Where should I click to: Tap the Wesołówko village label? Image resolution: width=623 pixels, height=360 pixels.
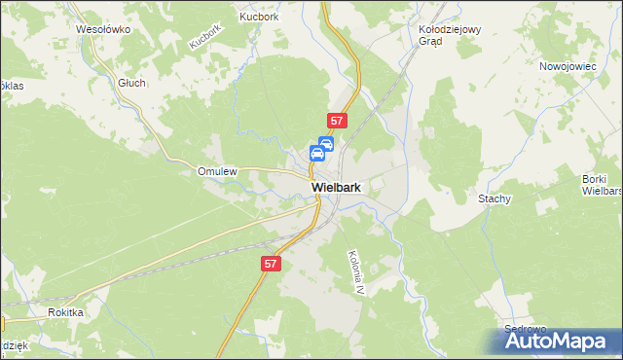[x=103, y=29]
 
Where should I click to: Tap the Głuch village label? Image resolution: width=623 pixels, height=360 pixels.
[x=131, y=83]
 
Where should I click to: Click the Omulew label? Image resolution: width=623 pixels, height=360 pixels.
[x=217, y=171]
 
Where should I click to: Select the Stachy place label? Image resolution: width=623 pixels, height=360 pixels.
[x=495, y=198]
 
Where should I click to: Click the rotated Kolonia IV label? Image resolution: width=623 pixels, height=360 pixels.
[x=355, y=270]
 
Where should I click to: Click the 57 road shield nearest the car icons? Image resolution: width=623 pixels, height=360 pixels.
[x=336, y=121]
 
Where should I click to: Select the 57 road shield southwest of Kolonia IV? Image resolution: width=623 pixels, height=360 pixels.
[x=272, y=264]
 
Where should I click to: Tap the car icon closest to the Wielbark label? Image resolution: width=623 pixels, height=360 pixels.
[x=317, y=154]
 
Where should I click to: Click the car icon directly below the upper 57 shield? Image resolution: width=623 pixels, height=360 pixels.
[x=327, y=143]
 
